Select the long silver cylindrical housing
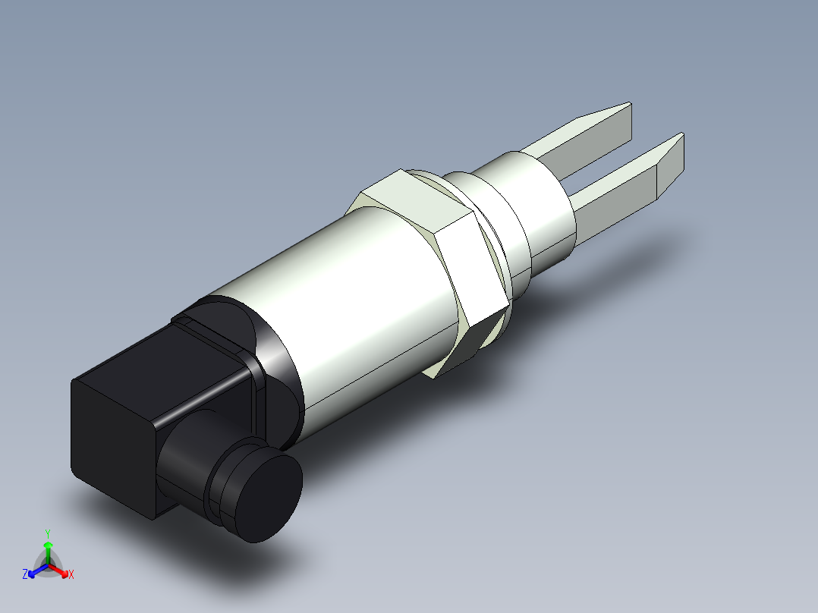point(357,303)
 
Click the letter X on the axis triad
point(71,575)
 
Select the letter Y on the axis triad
point(48,533)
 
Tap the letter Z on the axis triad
point(25,575)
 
